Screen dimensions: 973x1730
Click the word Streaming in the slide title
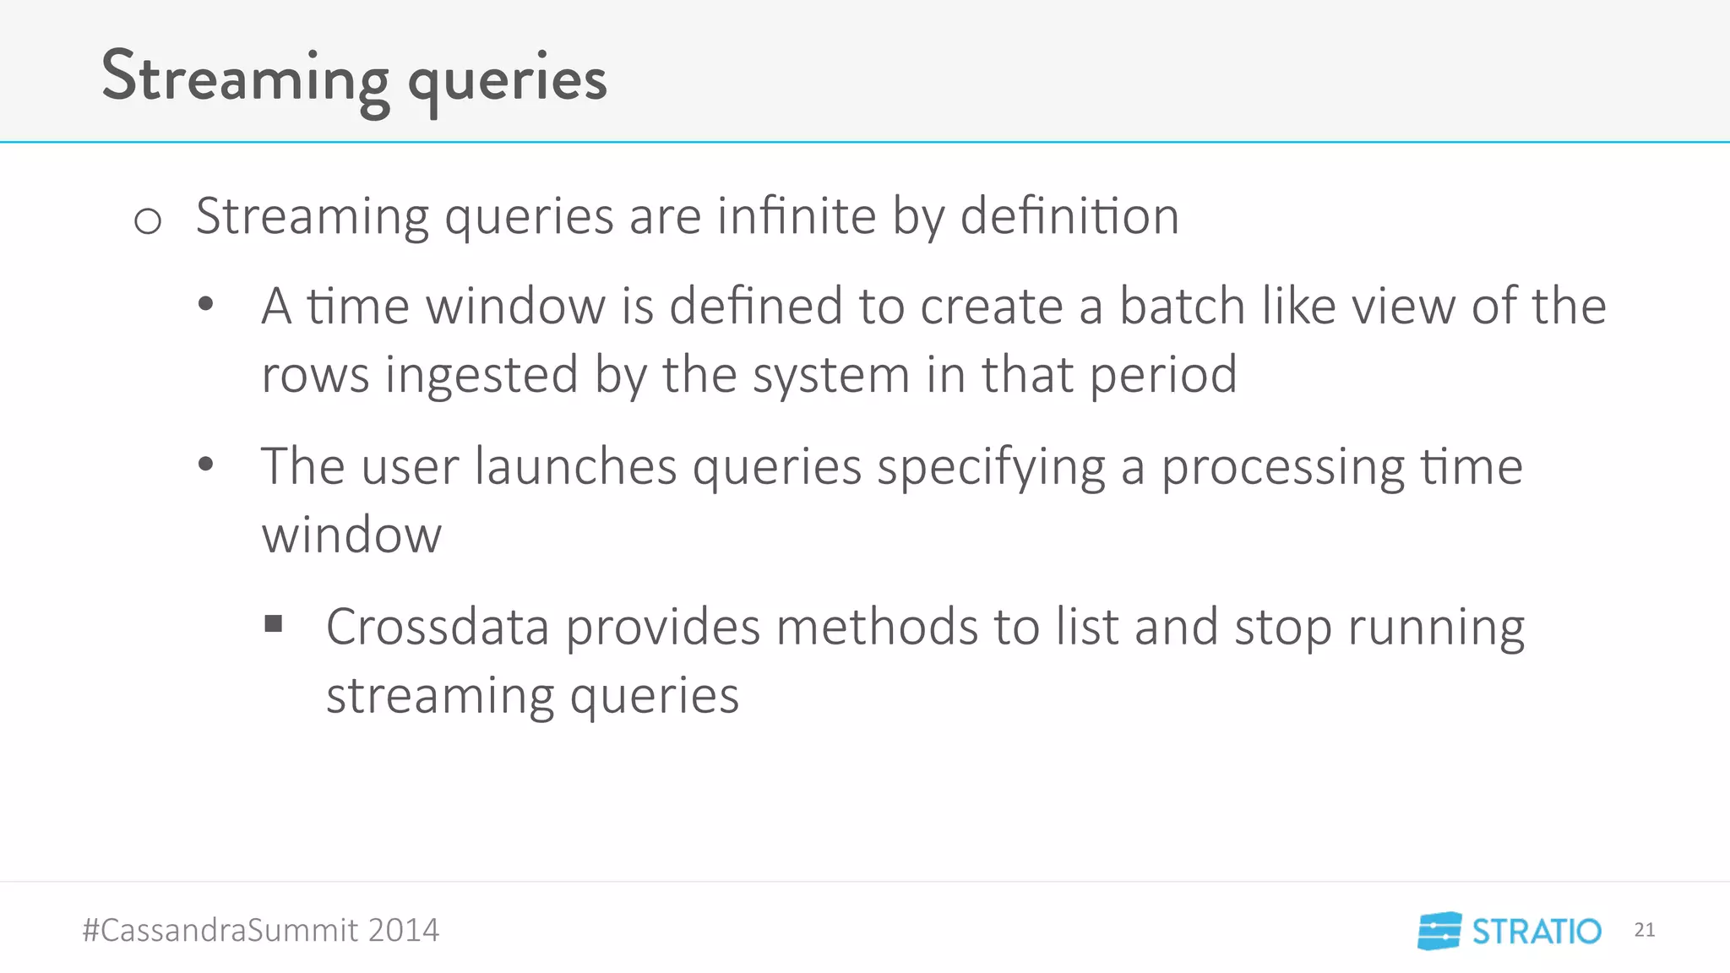(245, 78)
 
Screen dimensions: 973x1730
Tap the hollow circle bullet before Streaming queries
(148, 221)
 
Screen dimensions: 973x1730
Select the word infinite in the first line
(797, 216)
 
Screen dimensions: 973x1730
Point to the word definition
(1069, 216)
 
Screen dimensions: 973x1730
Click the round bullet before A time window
(205, 305)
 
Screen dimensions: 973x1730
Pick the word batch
(1183, 306)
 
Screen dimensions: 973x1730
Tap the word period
(1163, 375)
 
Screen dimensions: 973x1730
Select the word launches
(575, 466)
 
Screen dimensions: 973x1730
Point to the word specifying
(991, 468)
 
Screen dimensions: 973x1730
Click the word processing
(1282, 468)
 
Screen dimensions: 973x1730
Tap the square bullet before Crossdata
(273, 624)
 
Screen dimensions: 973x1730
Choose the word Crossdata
(438, 628)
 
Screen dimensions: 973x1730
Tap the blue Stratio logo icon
(1439, 931)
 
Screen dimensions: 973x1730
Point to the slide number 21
(1644, 930)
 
